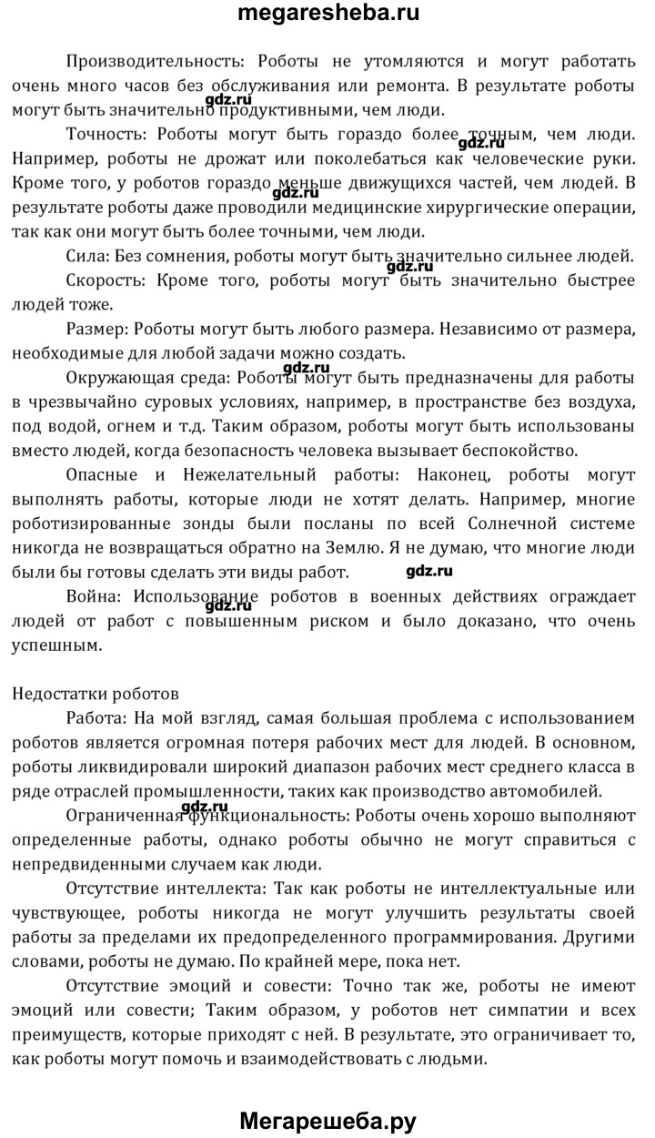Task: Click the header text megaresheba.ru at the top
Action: (327, 14)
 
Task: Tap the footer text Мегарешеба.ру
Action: (327, 1121)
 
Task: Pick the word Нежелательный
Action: (237, 473)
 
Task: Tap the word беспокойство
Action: (514, 449)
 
